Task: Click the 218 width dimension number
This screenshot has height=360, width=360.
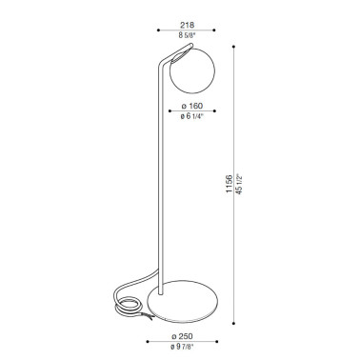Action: click(x=187, y=25)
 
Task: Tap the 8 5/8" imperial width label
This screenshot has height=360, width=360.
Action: click(x=187, y=35)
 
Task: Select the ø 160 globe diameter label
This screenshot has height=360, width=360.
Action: click(x=191, y=106)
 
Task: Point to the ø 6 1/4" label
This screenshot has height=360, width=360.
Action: click(x=191, y=116)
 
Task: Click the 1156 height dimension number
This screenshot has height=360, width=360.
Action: click(x=230, y=184)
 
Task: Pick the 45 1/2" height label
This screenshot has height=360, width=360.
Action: click(x=239, y=184)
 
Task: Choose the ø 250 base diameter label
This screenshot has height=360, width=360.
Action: click(x=182, y=336)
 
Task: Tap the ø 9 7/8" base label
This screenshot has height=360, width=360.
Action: click(x=182, y=347)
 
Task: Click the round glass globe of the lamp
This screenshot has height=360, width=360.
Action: click(x=192, y=70)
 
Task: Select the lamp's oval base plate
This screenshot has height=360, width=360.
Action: click(x=183, y=301)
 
